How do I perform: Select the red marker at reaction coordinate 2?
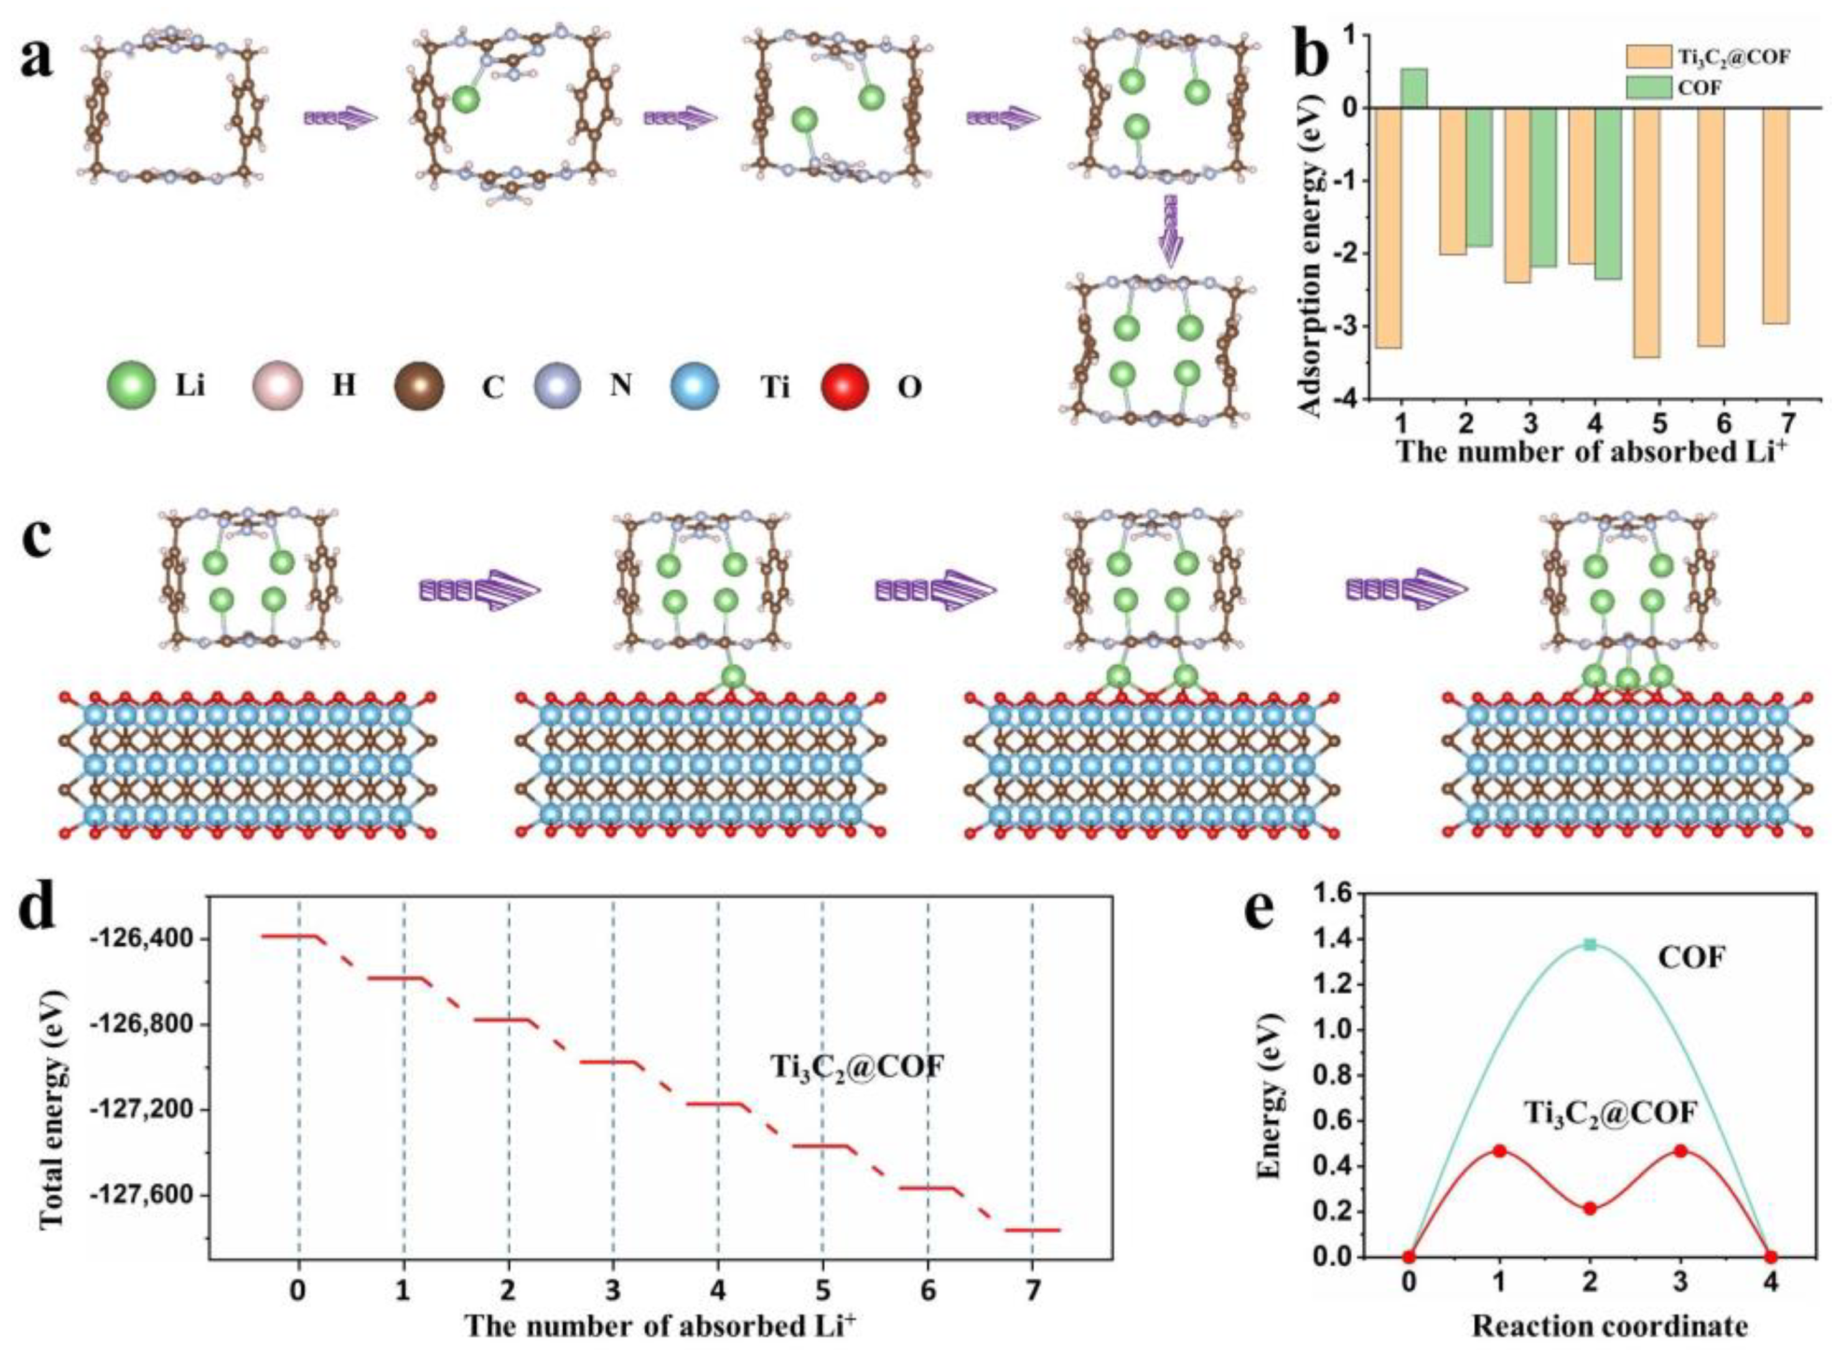pos(1590,1209)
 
